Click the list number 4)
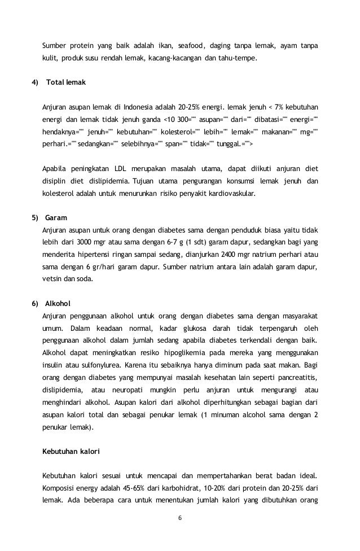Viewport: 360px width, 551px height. point(35,82)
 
